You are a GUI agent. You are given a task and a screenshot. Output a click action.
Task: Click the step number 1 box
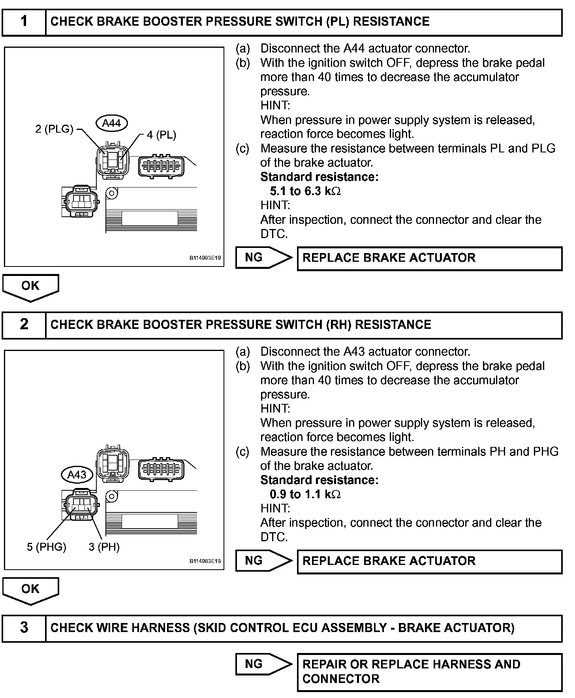point(24,22)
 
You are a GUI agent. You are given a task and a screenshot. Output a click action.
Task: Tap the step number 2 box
point(24,325)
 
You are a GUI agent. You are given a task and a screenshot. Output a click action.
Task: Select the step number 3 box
point(24,628)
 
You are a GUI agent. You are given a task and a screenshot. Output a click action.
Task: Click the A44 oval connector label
point(111,123)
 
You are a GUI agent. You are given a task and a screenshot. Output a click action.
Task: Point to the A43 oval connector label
point(77,475)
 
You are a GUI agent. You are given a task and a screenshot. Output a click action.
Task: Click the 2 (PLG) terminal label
point(54,129)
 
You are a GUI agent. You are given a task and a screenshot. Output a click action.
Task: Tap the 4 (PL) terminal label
point(161,135)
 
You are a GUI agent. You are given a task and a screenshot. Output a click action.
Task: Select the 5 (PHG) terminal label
point(47,547)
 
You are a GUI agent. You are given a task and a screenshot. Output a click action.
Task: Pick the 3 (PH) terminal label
point(104,547)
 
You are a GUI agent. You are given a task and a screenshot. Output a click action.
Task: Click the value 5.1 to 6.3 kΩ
point(305,191)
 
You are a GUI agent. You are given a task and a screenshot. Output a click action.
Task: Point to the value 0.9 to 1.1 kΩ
point(305,494)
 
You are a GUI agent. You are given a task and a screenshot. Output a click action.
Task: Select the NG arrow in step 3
point(263,664)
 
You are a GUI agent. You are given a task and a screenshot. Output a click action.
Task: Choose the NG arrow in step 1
point(263,258)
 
